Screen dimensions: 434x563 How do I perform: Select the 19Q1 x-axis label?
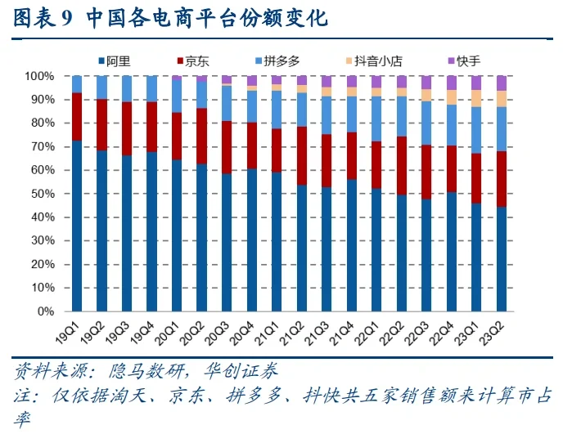[x=67, y=330]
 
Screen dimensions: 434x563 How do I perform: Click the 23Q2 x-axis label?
[x=493, y=330]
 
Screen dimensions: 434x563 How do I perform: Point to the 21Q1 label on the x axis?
[x=268, y=330]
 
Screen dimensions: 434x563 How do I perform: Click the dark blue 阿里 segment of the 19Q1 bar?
[x=77, y=226]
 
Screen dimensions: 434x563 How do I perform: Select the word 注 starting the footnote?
[x=22, y=396]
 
